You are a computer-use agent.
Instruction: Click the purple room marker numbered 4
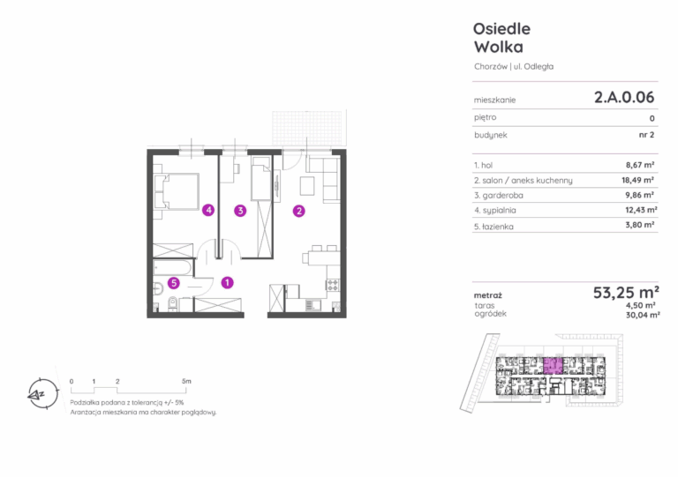coord(208,210)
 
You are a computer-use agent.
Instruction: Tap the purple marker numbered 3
coord(240,211)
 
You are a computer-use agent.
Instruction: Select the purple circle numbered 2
coord(298,211)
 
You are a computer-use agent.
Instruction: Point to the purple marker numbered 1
coord(228,283)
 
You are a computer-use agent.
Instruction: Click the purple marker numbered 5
coord(174,283)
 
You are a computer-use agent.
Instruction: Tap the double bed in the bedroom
coord(177,191)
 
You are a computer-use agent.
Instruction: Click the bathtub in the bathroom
coord(172,268)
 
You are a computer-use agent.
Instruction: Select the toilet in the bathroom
coord(172,304)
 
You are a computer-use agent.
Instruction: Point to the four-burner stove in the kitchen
coord(333,285)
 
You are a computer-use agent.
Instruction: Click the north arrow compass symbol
coord(42,394)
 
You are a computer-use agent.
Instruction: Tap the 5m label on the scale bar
coord(186,381)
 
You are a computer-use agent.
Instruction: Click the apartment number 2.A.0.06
coord(624,97)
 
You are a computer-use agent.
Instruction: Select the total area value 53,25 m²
coord(626,293)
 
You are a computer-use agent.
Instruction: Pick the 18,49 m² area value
coord(637,180)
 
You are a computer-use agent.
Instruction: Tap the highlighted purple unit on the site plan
coord(553,366)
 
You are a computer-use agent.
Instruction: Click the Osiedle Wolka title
coord(501,38)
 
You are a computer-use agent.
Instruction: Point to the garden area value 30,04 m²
coord(643,315)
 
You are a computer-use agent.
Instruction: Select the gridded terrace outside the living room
coord(309,128)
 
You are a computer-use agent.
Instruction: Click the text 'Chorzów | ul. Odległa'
coord(514,66)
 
